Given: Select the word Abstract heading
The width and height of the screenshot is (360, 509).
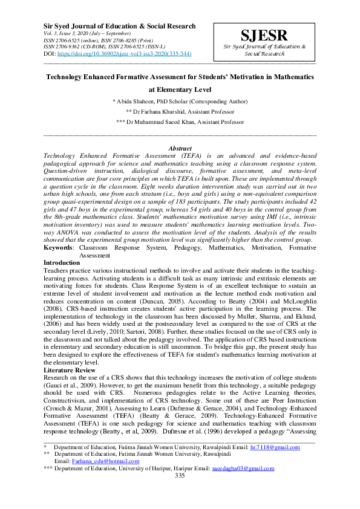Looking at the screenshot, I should coord(180,149).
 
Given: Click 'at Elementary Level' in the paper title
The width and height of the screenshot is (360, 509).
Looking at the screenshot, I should coord(179,89).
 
